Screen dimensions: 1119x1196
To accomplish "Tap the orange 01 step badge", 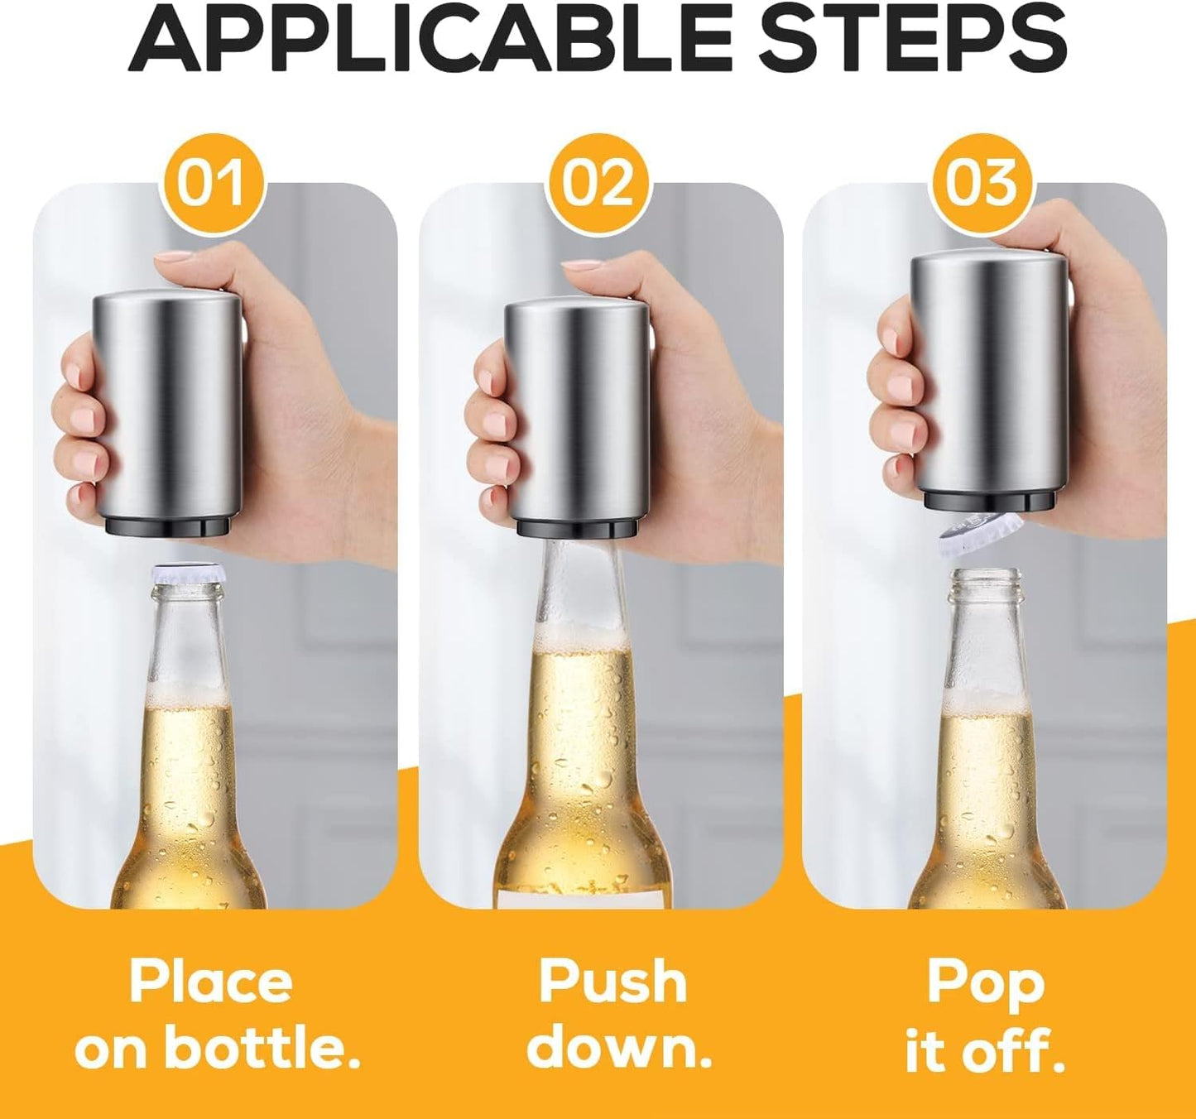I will [x=211, y=182].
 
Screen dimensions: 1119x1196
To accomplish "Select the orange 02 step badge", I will [x=598, y=182].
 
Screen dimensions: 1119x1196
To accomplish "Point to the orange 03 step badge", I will [x=982, y=182].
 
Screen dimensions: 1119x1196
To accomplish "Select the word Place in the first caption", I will [x=211, y=982].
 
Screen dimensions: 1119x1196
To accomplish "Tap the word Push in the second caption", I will [x=612, y=982].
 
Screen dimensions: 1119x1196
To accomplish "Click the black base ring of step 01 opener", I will [x=171, y=526].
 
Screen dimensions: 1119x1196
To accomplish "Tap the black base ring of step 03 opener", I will [x=993, y=500].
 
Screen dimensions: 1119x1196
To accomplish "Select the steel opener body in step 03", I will [x=989, y=372].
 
